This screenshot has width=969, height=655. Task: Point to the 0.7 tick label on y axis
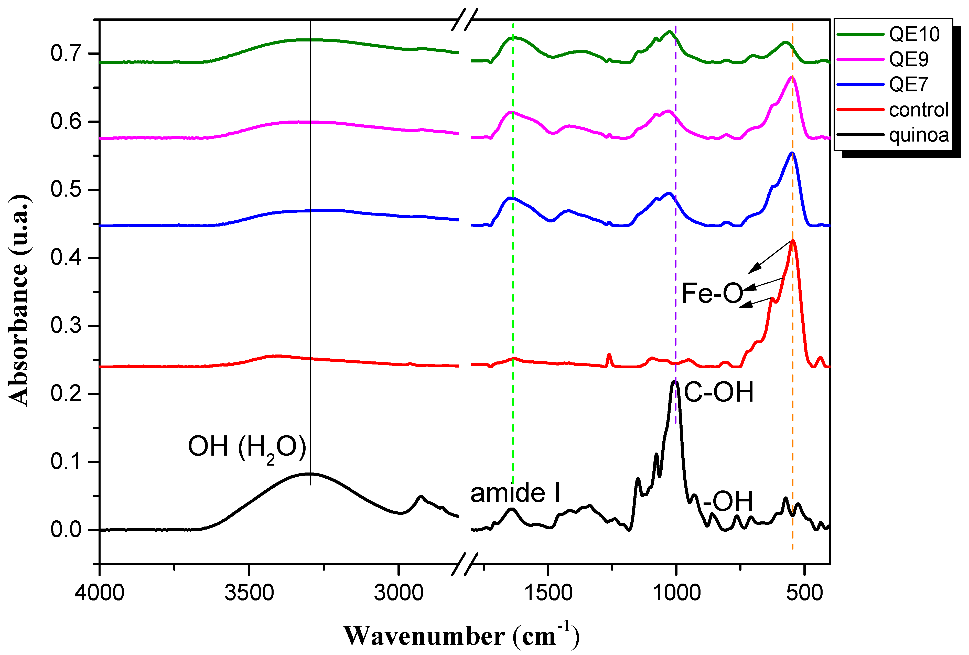(66, 54)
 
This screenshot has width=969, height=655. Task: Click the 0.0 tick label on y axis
(66, 530)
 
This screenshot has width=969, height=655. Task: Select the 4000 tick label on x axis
(99, 593)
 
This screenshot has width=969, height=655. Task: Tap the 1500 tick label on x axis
(548, 593)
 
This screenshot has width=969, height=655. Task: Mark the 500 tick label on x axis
(804, 593)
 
